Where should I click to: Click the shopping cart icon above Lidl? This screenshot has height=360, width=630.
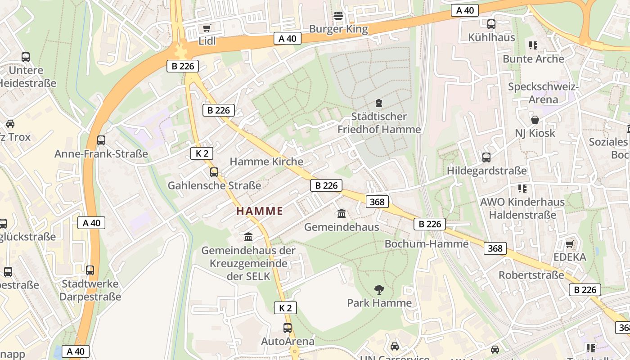coord(207,28)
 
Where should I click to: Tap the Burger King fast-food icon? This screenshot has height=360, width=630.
coord(338,16)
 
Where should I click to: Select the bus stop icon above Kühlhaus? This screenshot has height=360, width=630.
coord(491,24)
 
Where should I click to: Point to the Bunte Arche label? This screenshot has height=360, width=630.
coord(533,59)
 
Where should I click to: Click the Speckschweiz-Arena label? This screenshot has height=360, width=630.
coord(543,93)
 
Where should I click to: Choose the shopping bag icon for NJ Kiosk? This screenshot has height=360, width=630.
coord(535,120)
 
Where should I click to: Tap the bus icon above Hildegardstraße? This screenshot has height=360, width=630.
coord(486,157)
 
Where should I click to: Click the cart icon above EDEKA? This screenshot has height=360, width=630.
coord(569,244)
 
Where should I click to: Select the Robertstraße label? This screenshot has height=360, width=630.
coord(531,275)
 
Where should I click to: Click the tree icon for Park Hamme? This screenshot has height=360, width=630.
coord(379,289)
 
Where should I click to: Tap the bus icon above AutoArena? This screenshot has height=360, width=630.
coord(288,328)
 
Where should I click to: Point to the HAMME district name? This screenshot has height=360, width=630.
coord(260,211)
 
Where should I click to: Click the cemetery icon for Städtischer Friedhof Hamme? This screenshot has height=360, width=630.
coord(379,103)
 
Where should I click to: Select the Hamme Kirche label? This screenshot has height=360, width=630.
coord(266,162)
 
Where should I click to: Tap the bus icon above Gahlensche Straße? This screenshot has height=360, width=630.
coord(214,172)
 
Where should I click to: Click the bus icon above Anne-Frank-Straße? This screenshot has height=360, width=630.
coord(101,140)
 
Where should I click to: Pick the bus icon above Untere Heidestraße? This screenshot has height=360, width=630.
coord(26,57)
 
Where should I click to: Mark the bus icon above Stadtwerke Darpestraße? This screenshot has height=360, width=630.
coord(90,270)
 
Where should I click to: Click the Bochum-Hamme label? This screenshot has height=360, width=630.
coord(426,244)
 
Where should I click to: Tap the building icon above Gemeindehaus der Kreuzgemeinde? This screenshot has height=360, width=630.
coord(248,237)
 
